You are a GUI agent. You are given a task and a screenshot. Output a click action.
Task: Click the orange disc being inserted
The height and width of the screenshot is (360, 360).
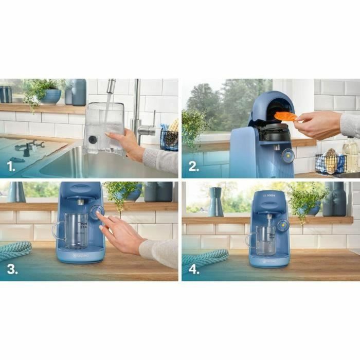pyautogui.click(x=285, y=116)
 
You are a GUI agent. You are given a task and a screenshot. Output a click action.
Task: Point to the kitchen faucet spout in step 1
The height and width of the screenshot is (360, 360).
pyautogui.click(x=111, y=85)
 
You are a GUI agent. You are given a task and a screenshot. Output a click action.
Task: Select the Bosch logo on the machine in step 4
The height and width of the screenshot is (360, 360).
pyautogui.click(x=269, y=195)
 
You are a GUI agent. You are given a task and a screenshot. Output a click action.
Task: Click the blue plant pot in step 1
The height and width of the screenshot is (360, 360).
pyautogui.click(x=50, y=96)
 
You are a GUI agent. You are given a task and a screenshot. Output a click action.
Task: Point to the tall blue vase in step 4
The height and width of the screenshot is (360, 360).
pyautogui.click(x=216, y=202)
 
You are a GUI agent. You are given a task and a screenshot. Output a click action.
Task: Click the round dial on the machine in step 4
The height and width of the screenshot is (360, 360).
pyautogui.click(x=282, y=225)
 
